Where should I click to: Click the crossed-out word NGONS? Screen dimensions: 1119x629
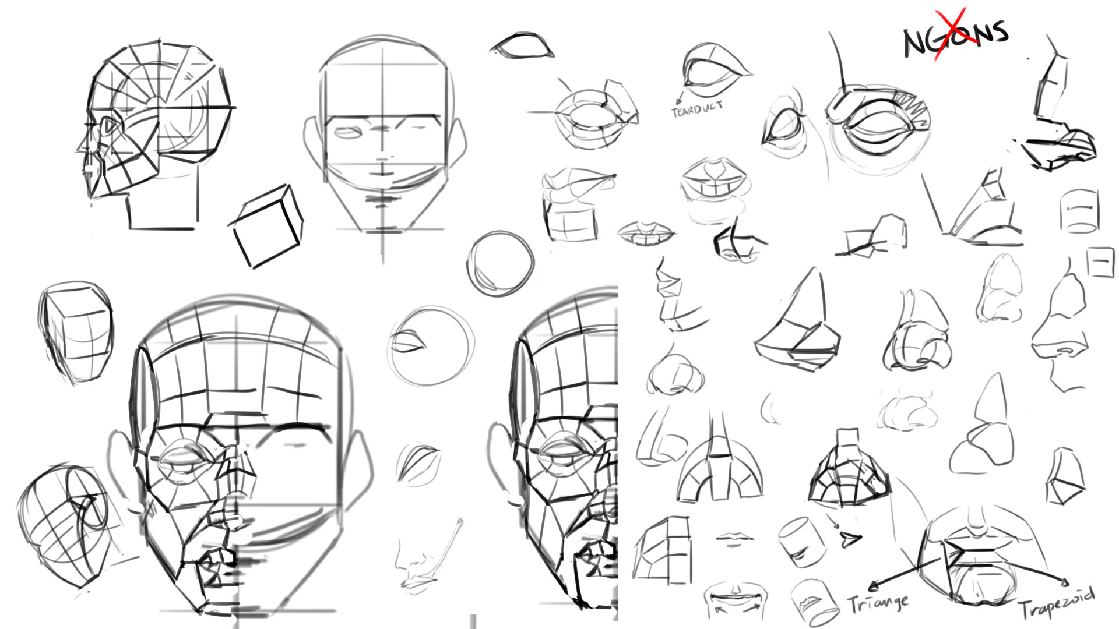[x=956, y=36]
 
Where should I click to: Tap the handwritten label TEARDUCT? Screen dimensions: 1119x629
[x=697, y=109]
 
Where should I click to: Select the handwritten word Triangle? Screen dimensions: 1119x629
[x=878, y=603]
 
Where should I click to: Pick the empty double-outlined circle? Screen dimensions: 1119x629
[x=500, y=263]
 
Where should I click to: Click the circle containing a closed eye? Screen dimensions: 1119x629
[x=430, y=346]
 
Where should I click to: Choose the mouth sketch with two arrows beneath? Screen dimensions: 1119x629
[x=736, y=600]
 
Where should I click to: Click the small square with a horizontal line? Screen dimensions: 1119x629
[x=1100, y=262]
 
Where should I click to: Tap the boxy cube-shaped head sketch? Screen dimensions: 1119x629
[x=76, y=331]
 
